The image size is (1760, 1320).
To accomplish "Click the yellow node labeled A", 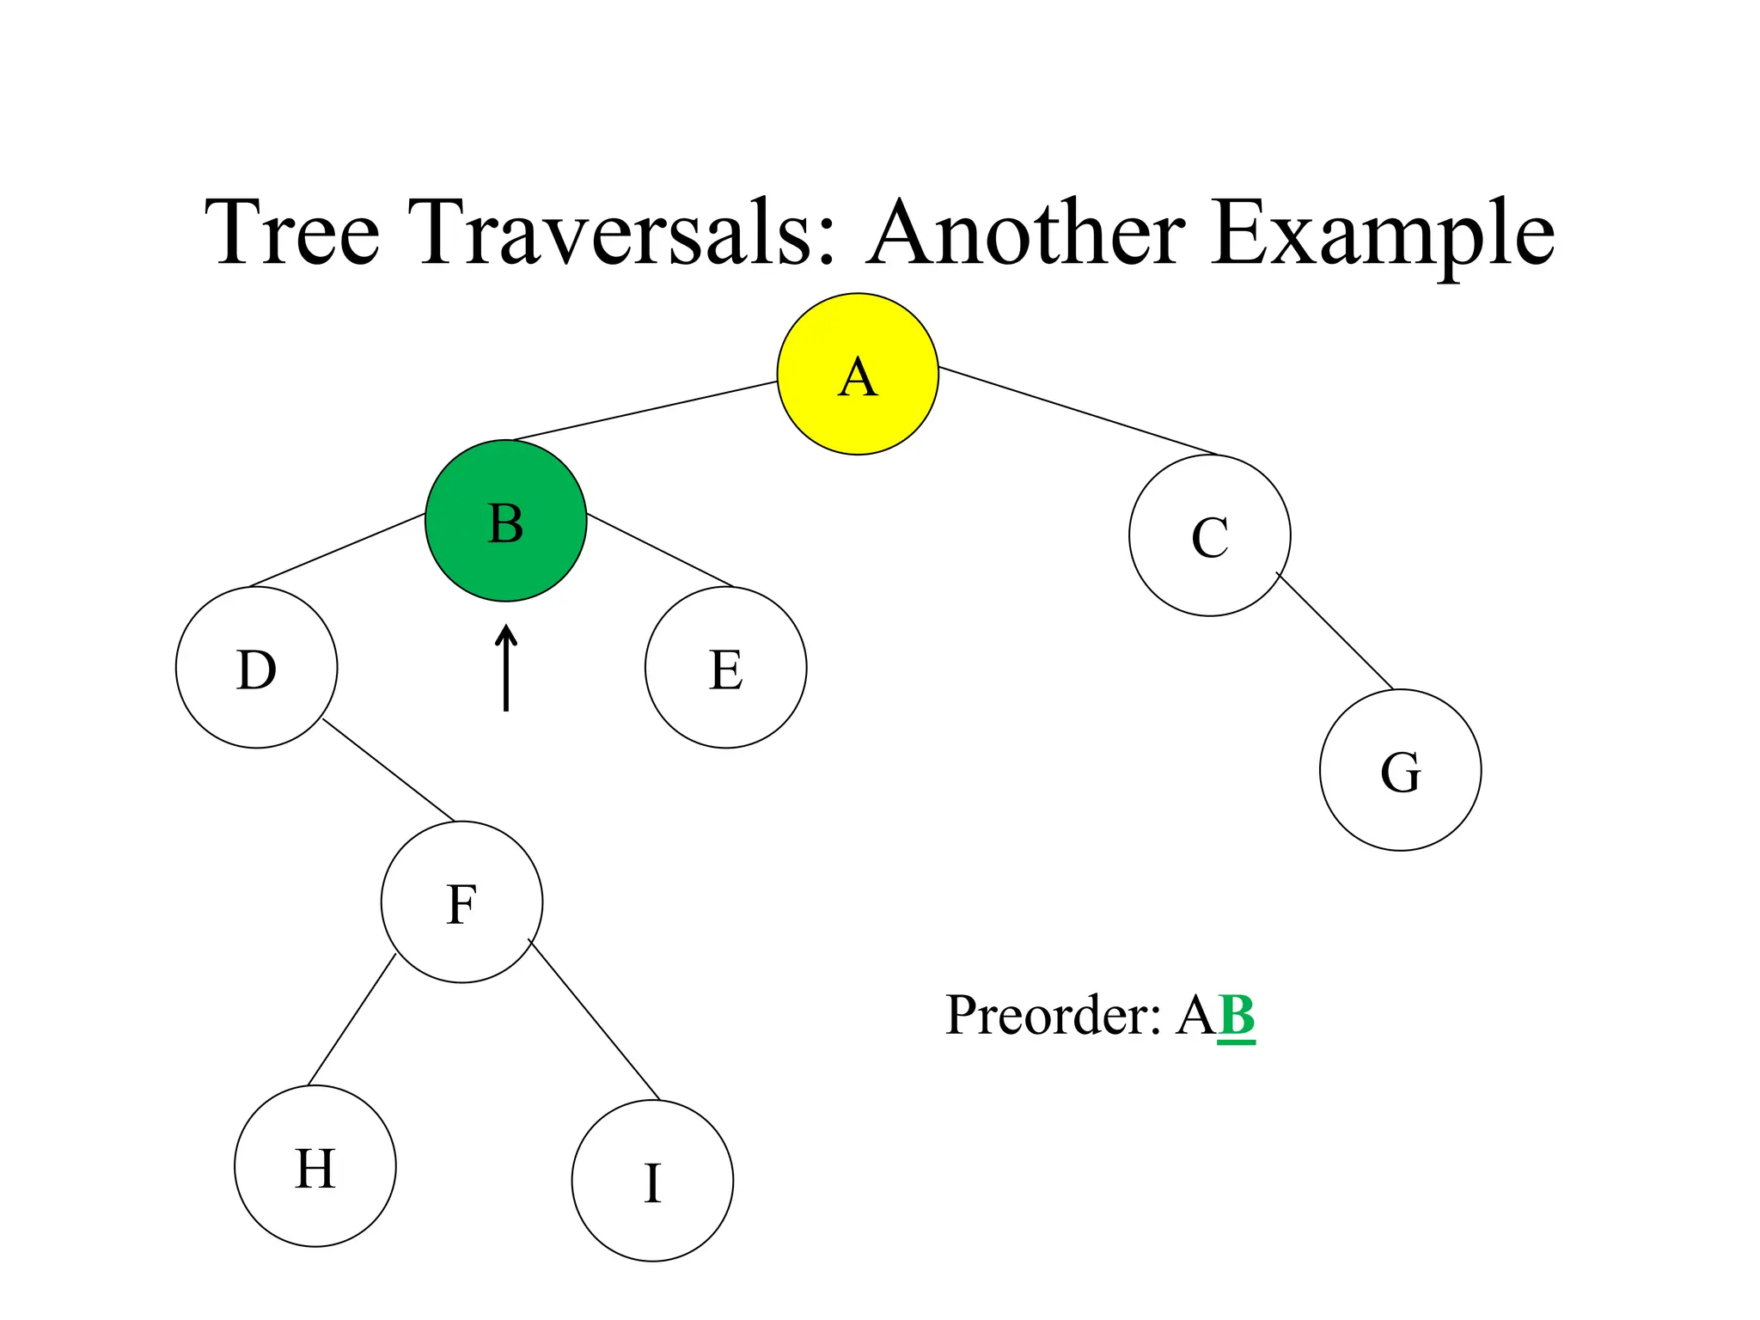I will coord(857,374).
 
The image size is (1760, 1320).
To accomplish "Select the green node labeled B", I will coord(505,521).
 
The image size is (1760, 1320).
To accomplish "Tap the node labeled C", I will coord(1209,535).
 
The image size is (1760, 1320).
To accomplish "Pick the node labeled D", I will coord(256,668).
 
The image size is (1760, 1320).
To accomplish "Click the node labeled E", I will coord(725,668).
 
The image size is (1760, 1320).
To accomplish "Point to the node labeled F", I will coord(461,902).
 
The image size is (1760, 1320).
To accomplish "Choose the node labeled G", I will coord(1400,770).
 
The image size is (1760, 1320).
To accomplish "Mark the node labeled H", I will coord(315,1166).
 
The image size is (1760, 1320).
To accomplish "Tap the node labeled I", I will coord(652,1181).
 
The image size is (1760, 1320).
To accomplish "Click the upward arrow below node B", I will coord(505,669).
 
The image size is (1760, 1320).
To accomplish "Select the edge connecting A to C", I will coord(1079,412).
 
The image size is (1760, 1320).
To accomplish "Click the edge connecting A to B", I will coord(645,411).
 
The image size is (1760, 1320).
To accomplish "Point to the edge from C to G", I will coord(1335,631).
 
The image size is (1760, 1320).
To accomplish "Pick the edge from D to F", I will coord(388,770).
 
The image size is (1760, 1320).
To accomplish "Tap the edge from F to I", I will coord(594,1020).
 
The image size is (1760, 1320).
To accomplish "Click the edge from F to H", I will coord(351,1020).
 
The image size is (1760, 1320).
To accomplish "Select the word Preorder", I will coord(1053,1015).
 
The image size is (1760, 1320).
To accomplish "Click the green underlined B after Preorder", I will coord(1236,1015).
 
